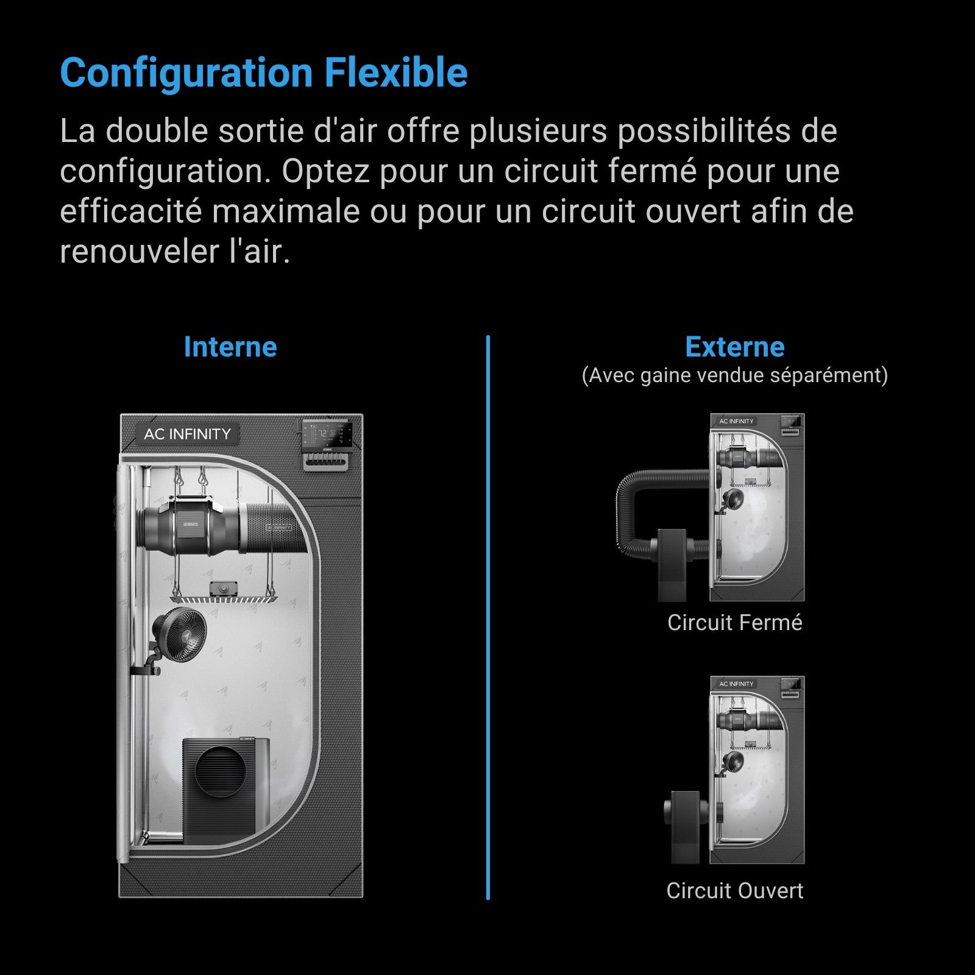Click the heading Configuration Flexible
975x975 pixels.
(264, 73)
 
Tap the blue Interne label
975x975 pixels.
(230, 347)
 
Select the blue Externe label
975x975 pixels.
(735, 347)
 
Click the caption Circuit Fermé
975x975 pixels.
(735, 622)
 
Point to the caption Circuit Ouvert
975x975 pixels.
(735, 890)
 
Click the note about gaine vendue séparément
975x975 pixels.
(735, 375)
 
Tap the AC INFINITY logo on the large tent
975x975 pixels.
(187, 434)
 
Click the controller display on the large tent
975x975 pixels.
(327, 435)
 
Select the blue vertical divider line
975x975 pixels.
(488, 617)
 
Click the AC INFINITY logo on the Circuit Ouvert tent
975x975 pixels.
(736, 684)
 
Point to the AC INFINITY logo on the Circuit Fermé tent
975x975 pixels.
(736, 421)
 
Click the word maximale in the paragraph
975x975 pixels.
(286, 211)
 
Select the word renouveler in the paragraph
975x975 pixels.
(138, 252)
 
